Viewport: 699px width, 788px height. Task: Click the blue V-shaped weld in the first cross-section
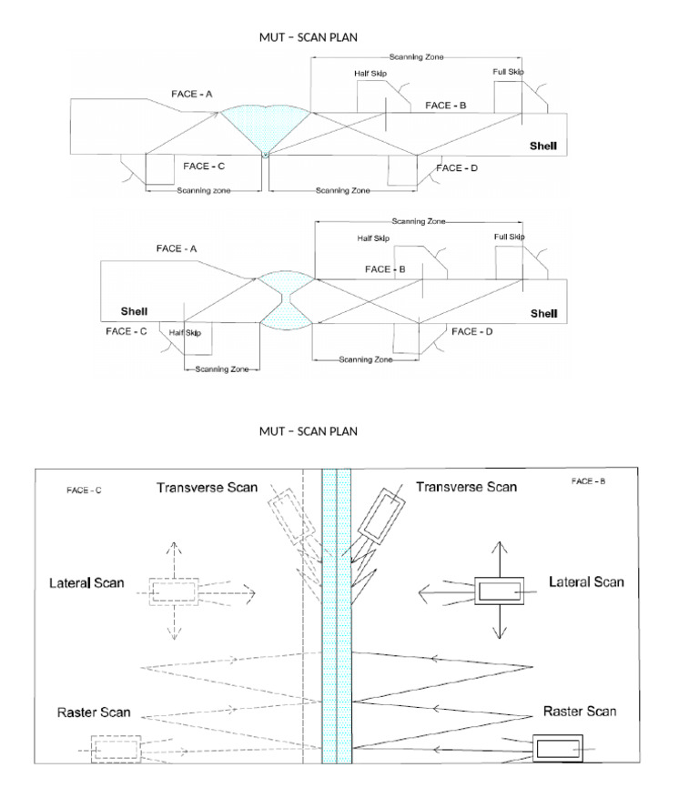(264, 124)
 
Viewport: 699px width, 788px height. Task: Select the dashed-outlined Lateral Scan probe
(173, 591)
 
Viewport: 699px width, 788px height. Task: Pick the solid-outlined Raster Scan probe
(557, 748)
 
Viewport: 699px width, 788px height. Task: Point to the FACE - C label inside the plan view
(84, 490)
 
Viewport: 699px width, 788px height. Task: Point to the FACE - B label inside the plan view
(589, 480)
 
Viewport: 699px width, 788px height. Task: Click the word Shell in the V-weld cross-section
(543, 146)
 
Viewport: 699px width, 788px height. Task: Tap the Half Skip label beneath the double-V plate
(185, 333)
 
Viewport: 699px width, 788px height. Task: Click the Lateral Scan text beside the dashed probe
(86, 581)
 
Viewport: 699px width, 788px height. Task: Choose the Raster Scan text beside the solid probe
(580, 711)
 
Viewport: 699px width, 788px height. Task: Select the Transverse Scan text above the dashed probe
(207, 487)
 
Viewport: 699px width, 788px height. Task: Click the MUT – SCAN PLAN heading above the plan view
(309, 430)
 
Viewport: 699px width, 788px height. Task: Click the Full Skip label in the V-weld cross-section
(509, 72)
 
